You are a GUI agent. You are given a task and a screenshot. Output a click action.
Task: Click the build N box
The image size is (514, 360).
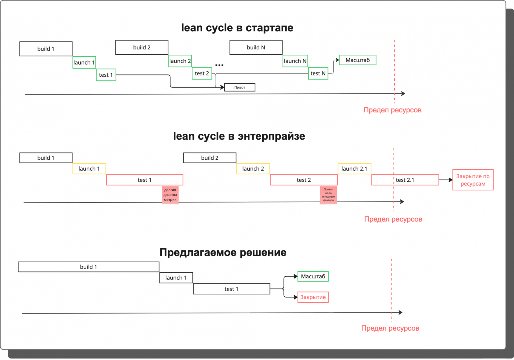coord(256,47)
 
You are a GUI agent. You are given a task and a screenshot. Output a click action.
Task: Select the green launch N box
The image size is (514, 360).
coord(295,61)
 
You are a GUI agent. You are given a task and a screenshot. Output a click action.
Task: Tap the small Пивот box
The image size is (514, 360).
coord(240,87)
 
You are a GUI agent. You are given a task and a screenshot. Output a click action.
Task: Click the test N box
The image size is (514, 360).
coord(318,73)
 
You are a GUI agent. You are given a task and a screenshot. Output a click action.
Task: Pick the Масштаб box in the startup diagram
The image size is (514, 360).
coord(357,60)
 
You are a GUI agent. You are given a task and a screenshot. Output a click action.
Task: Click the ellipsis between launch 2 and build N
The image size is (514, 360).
coord(219,65)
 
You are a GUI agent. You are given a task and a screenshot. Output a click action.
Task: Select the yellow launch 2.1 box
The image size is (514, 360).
coord(354,169)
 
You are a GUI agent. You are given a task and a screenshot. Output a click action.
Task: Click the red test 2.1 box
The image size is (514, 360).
coord(405,180)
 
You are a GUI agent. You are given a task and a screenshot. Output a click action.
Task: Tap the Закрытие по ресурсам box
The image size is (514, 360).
coord(473,180)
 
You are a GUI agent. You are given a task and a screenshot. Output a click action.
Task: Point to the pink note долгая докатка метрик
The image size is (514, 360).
coord(170,195)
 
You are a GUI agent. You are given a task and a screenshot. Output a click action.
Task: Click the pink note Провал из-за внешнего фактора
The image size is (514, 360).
coord(328,195)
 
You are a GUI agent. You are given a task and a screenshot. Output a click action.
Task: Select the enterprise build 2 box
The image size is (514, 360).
coord(210,158)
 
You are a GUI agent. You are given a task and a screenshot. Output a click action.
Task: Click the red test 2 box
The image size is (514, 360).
coord(304,180)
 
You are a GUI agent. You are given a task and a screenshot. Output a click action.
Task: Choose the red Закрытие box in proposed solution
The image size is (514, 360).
coord(313,297)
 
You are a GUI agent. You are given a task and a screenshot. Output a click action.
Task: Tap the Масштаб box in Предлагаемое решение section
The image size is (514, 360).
coord(313,276)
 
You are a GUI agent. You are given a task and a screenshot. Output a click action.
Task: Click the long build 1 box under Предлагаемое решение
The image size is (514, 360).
coord(89,267)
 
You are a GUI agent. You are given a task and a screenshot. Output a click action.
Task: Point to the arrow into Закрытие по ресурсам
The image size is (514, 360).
coord(445,180)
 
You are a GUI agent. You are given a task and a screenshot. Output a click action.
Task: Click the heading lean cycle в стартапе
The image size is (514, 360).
coord(237,28)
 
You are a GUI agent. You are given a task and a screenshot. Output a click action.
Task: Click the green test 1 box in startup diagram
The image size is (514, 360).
coord(106,75)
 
